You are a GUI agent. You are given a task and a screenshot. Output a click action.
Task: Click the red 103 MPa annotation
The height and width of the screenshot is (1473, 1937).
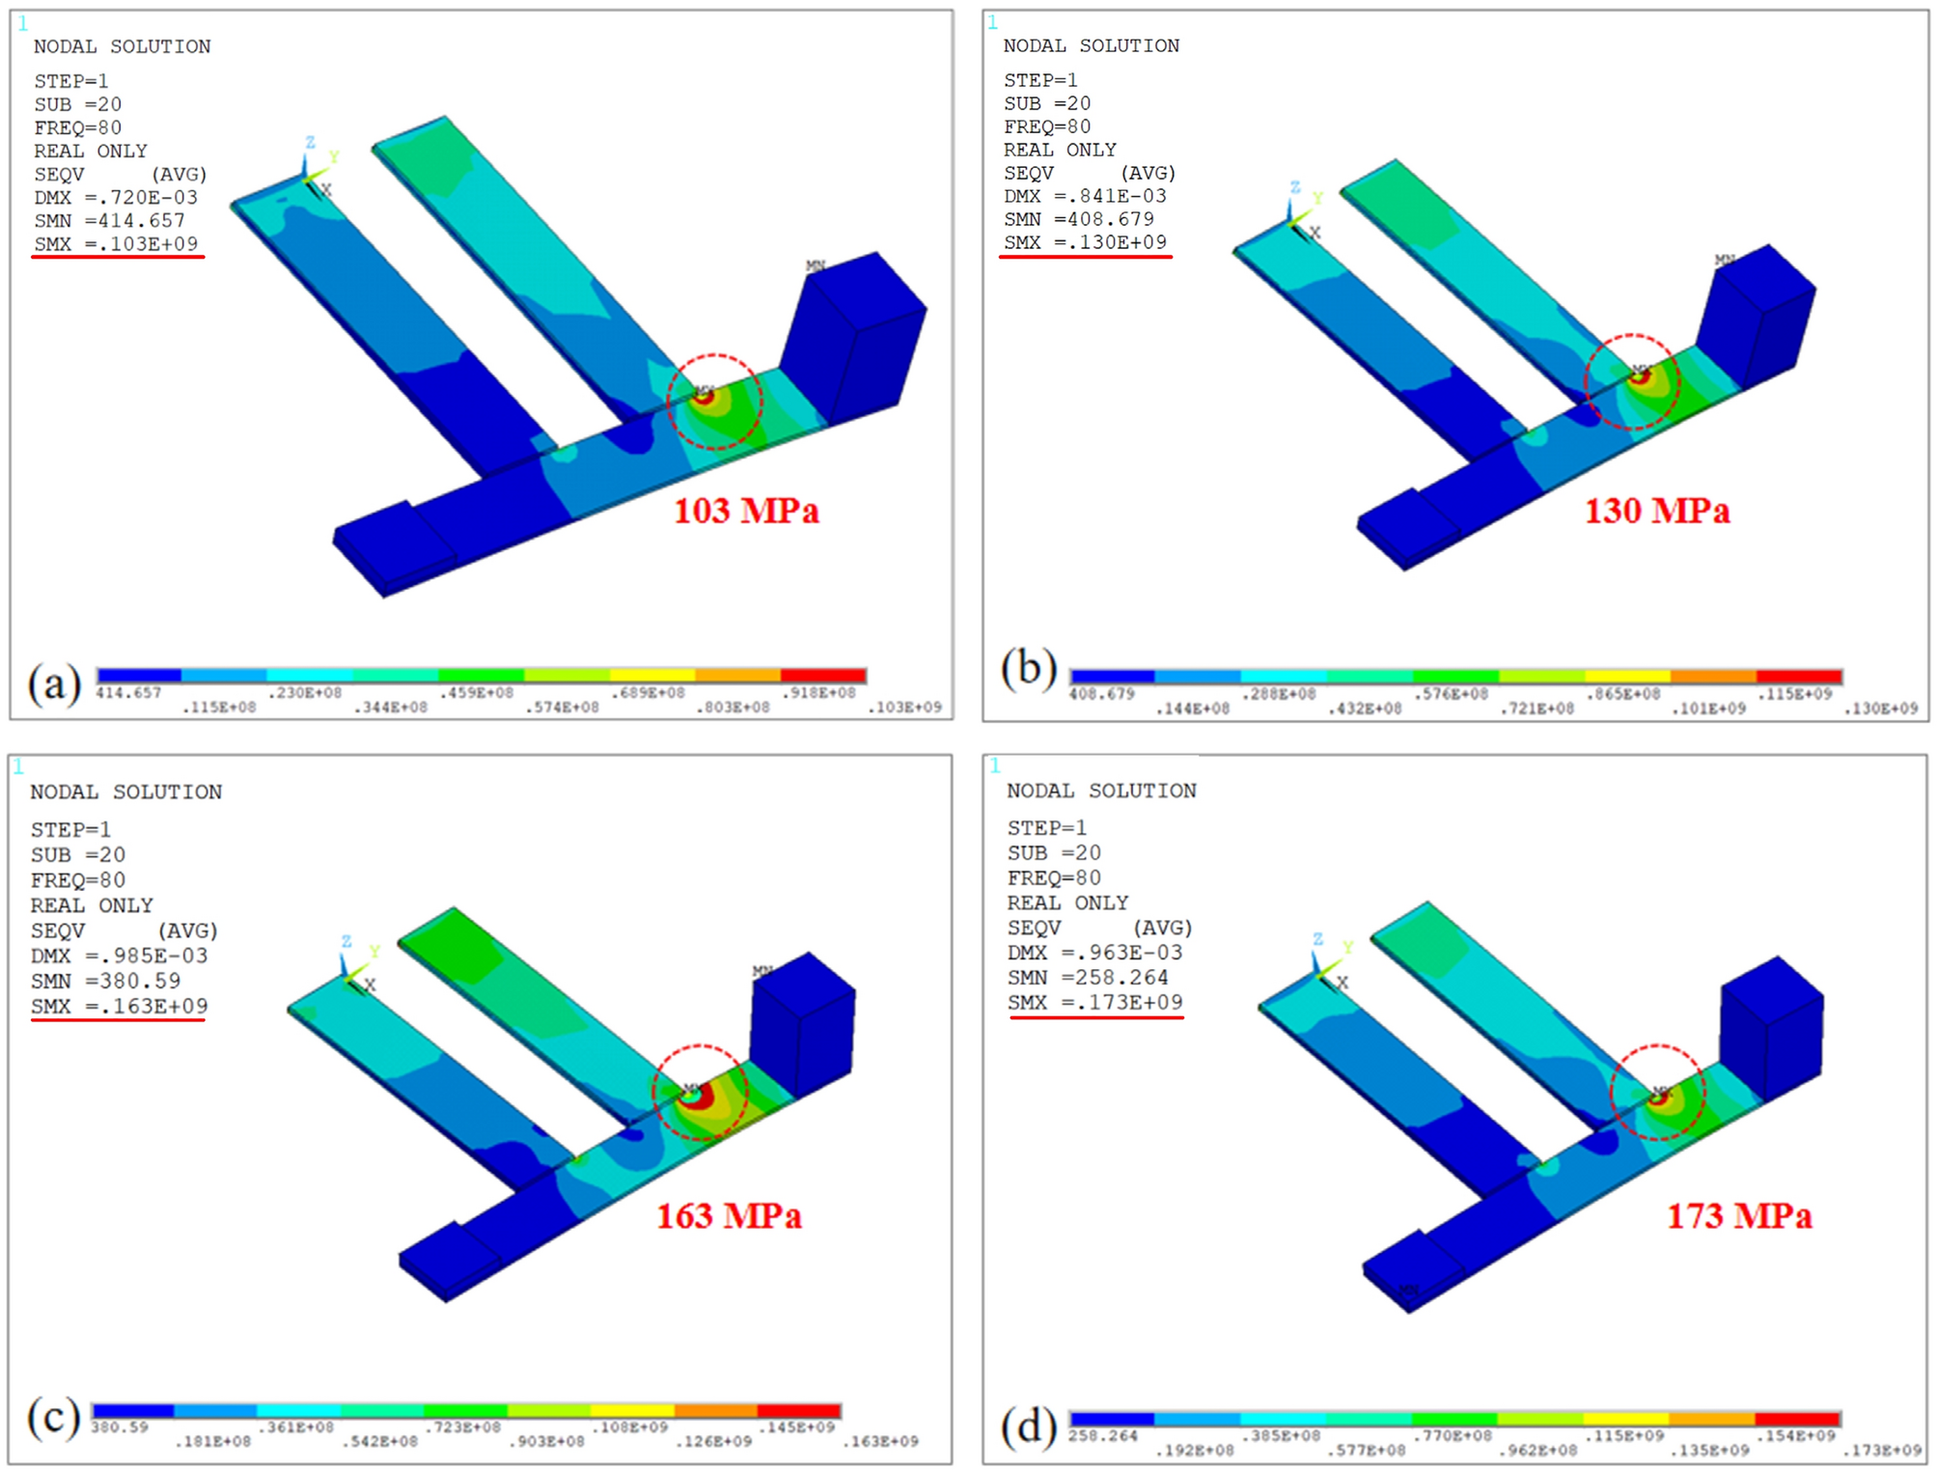[x=745, y=511]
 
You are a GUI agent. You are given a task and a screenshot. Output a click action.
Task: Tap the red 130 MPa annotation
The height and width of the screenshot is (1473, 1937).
[x=1656, y=511]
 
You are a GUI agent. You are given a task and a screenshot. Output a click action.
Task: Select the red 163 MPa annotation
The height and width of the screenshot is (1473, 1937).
[x=729, y=1215]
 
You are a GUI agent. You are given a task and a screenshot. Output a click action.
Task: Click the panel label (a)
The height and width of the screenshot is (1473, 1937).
[x=54, y=684]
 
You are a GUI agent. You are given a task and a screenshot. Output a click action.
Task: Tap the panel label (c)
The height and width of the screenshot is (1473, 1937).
[x=53, y=1418]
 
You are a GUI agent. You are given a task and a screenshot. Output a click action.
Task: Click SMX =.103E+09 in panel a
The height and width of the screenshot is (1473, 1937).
[x=116, y=244]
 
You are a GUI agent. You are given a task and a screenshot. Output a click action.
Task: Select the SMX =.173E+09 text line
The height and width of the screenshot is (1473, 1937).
[x=1094, y=1002]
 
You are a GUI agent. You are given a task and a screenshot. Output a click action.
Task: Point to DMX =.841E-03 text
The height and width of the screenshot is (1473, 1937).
[x=1084, y=196]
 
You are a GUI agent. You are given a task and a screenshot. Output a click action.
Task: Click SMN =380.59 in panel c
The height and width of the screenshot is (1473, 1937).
[x=105, y=981]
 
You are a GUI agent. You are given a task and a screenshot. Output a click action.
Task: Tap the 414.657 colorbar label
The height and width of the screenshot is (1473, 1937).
[x=128, y=693]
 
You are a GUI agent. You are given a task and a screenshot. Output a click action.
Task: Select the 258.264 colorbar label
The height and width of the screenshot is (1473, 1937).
[x=1102, y=1435]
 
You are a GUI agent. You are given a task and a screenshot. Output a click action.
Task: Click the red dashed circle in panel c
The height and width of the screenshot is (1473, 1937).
[x=701, y=1045]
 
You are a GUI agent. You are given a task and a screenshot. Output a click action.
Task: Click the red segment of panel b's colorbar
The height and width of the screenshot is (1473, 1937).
[x=1798, y=677]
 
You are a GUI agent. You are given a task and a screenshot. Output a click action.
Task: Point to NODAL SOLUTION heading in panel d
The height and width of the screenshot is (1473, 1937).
[x=1100, y=791]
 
